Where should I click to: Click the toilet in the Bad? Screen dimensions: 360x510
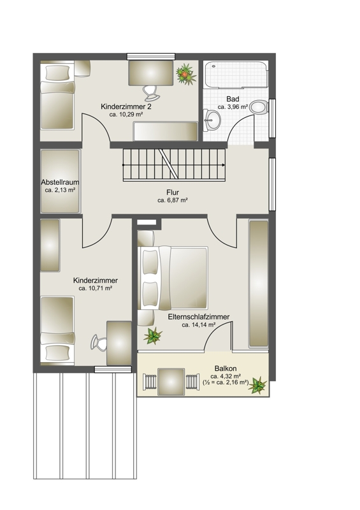[260, 107]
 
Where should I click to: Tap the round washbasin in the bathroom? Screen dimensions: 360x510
[212, 120]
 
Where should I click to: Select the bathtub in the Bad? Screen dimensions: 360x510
[236, 75]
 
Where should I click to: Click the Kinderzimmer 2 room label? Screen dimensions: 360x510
[126, 106]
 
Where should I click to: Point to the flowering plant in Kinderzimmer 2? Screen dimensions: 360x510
[186, 74]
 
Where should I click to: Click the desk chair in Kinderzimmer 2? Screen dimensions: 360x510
[151, 93]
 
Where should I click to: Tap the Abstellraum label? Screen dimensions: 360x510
[60, 182]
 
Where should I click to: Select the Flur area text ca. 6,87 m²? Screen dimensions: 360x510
[173, 200]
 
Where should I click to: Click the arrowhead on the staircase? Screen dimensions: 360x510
[223, 165]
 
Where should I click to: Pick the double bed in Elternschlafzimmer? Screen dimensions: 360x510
[173, 277]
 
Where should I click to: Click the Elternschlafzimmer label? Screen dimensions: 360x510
[199, 316]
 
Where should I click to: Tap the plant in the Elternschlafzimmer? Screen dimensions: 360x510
[152, 335]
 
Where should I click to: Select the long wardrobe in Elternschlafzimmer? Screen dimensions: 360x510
[259, 283]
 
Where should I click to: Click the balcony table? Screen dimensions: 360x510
[171, 381]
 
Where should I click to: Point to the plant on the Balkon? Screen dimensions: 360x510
[258, 386]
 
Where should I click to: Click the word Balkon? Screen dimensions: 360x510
[226, 368]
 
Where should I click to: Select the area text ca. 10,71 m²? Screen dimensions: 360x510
[96, 288]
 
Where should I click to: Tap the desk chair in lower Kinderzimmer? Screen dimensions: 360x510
[99, 342]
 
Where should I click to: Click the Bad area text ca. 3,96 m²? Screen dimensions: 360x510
[233, 106]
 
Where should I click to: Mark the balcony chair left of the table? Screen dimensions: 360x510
[150, 381]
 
